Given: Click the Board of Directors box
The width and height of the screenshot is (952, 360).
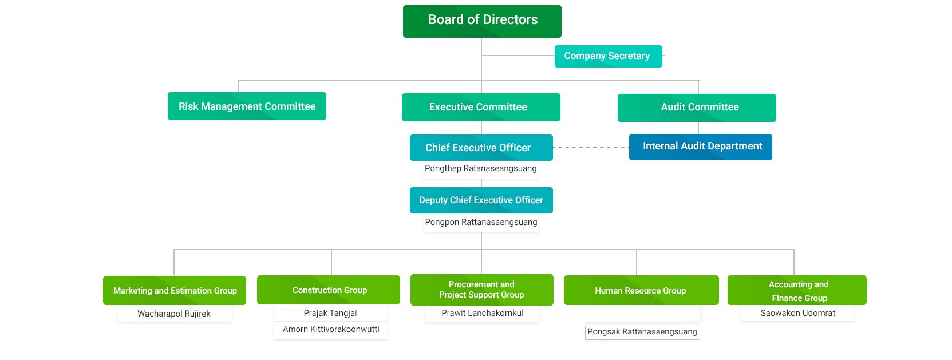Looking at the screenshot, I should click(x=482, y=21).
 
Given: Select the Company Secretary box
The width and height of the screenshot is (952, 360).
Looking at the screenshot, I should click(x=608, y=56).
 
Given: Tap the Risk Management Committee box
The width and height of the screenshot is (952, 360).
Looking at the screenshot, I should click(x=247, y=106).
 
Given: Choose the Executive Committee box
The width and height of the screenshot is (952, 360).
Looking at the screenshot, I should click(x=481, y=108).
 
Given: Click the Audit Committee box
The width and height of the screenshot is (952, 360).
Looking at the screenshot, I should click(x=697, y=108).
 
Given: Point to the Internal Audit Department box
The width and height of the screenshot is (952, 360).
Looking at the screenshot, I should click(x=700, y=147).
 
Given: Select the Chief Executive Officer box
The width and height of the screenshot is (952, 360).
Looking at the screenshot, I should click(x=481, y=148).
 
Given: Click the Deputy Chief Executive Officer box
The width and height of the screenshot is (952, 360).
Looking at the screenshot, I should click(x=481, y=200).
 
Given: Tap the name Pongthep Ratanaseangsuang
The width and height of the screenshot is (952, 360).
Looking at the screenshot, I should click(x=481, y=168).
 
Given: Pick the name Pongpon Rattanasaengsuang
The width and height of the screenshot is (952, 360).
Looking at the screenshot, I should click(x=481, y=222).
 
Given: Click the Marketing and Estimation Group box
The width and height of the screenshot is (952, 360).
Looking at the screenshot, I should click(x=175, y=291).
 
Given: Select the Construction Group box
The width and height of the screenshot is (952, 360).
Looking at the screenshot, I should click(x=329, y=290).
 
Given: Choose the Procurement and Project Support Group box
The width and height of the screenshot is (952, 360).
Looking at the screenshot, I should click(x=481, y=290).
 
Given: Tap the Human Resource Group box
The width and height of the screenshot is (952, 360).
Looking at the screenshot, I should click(x=641, y=291).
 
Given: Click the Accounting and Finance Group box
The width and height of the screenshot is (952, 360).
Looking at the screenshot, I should click(x=797, y=291).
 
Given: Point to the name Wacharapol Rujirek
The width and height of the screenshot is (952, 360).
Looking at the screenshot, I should click(x=174, y=314).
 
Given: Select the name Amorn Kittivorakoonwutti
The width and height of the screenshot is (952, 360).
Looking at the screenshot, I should click(x=331, y=329).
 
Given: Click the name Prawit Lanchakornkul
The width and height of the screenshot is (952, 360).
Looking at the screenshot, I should click(x=482, y=313).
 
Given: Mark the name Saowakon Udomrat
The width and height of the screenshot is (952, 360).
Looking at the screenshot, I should click(x=797, y=313).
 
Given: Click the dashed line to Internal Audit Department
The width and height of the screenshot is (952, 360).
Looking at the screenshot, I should click(x=591, y=147).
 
